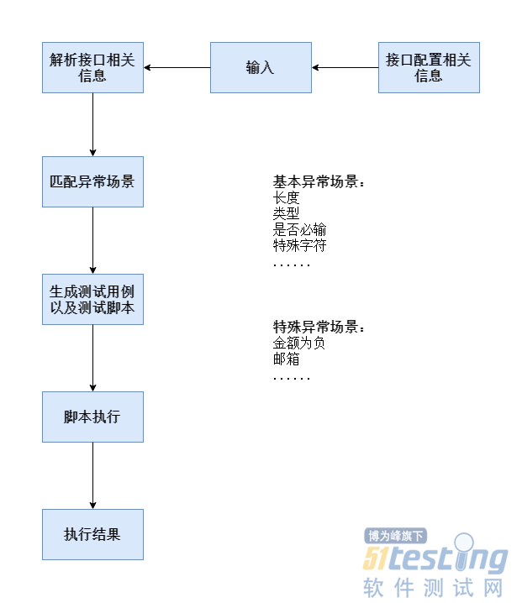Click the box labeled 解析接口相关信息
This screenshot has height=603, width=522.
(x=92, y=67)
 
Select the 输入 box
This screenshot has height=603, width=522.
(x=261, y=67)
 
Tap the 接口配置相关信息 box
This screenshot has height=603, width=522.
(x=429, y=67)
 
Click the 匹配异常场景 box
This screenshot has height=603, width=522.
(x=92, y=181)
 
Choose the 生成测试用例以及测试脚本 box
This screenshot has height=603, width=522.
(x=92, y=299)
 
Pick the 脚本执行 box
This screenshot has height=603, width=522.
(x=92, y=417)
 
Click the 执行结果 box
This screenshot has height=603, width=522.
(x=92, y=534)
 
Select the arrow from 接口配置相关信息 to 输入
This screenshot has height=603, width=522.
(x=345, y=67)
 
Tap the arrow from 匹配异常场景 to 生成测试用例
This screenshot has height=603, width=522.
(x=92, y=240)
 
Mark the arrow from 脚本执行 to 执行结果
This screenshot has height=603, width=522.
(x=92, y=475)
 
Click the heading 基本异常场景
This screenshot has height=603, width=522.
(x=319, y=181)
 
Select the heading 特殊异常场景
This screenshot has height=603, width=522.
(x=319, y=327)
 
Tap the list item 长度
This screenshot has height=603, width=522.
(x=286, y=197)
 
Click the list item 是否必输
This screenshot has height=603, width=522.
(x=299, y=229)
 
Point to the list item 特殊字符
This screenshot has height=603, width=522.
(x=299, y=245)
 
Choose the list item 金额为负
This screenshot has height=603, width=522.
(x=299, y=343)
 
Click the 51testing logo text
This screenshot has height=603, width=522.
(x=436, y=558)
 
